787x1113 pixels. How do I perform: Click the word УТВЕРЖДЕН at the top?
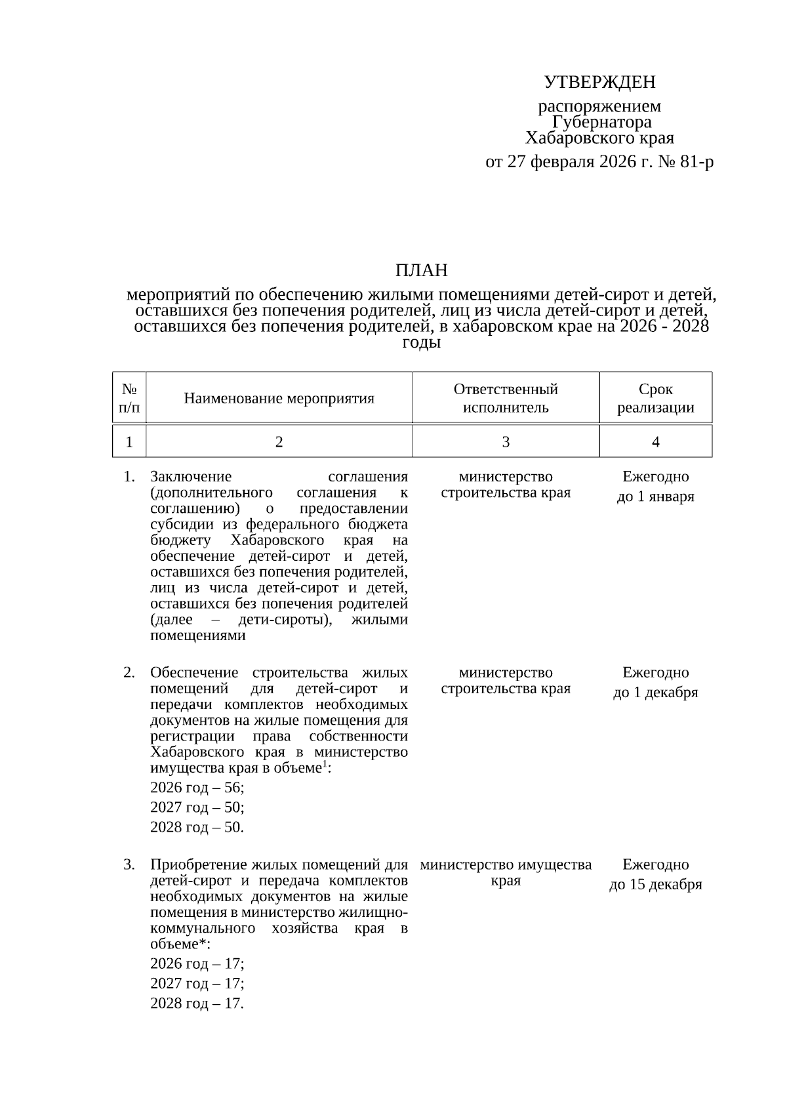tap(599, 82)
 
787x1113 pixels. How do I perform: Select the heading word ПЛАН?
tap(421, 270)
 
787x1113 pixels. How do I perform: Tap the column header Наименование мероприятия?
tap(279, 398)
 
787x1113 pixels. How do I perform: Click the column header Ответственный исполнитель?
tap(506, 398)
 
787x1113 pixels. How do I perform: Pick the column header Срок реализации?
tap(655, 398)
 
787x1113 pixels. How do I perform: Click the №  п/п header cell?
tap(129, 398)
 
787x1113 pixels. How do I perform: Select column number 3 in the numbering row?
tap(506, 442)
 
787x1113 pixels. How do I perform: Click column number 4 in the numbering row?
tap(655, 442)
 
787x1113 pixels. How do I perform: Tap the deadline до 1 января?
tap(655, 496)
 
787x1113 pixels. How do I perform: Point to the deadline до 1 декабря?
tap(655, 693)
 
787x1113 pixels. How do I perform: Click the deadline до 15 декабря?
tap(655, 885)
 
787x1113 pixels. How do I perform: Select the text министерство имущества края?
tap(506, 872)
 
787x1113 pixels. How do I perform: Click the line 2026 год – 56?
tap(197, 787)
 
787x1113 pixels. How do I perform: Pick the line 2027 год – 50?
tap(197, 807)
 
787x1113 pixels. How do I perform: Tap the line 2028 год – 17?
tap(197, 1003)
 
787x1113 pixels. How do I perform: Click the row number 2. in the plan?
tap(129, 672)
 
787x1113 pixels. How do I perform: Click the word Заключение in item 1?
tap(191, 477)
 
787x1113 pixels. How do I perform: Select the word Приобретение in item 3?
tap(197, 864)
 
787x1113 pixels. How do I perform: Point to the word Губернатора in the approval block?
tap(601, 122)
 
